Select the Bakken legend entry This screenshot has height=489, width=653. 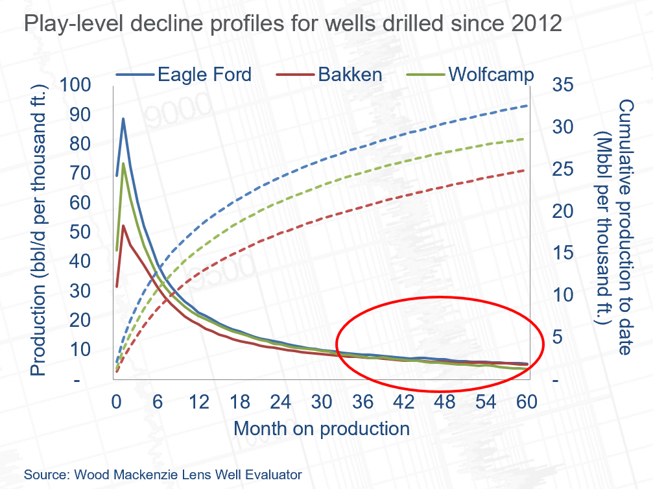click(x=350, y=75)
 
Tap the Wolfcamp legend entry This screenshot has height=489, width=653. click(x=490, y=75)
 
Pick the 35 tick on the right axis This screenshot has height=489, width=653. click(x=564, y=85)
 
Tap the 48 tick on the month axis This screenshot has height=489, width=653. click(x=445, y=402)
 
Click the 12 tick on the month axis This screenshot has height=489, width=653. click(x=198, y=402)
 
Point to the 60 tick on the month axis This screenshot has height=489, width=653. click(x=527, y=402)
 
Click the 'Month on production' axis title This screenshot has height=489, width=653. click(x=321, y=429)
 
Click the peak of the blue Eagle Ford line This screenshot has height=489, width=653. click(x=123, y=119)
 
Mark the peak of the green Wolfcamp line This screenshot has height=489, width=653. click(x=123, y=163)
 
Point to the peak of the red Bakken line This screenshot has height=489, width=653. click(x=123, y=226)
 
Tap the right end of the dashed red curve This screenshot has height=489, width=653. click(x=526, y=171)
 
